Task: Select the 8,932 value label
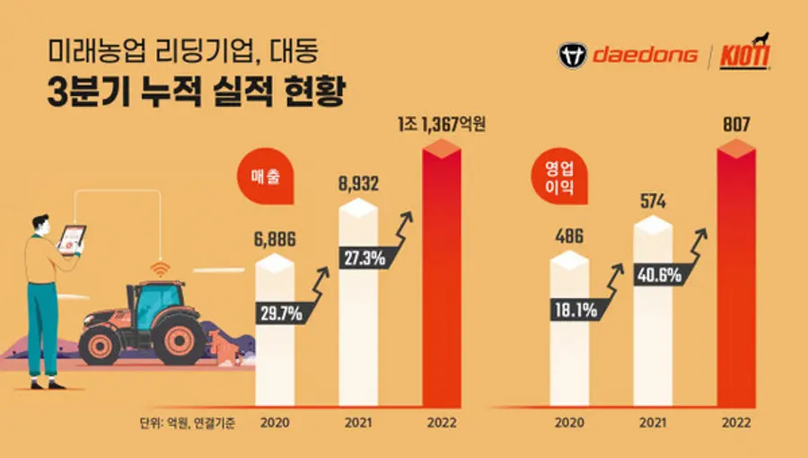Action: pos(357,184)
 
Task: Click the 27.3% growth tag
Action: pos(363,258)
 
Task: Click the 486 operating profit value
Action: pos(569,240)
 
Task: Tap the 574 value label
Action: pos(653,201)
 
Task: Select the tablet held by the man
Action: pos(72,239)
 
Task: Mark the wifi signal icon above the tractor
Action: pos(159,269)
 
